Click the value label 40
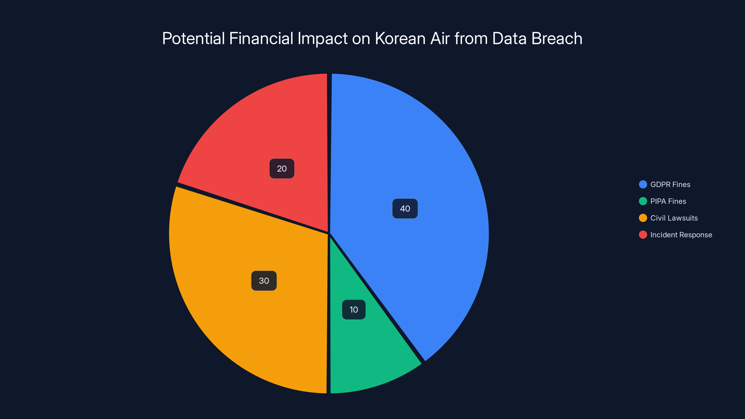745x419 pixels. tap(405, 209)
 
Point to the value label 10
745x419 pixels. tap(354, 310)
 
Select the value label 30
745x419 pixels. tap(264, 281)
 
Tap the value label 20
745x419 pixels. tap(282, 169)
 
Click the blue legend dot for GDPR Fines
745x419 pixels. tap(643, 185)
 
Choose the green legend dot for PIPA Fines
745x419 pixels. tap(643, 201)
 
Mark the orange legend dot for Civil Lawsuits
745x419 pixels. tap(643, 218)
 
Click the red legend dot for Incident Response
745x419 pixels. tap(643, 235)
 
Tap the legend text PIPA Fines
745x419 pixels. tap(668, 201)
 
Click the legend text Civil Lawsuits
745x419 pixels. tap(674, 218)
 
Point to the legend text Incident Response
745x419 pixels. tap(681, 235)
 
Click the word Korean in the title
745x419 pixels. tap(400, 38)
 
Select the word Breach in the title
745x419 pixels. tap(557, 38)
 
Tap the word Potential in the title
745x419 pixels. tap(193, 38)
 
